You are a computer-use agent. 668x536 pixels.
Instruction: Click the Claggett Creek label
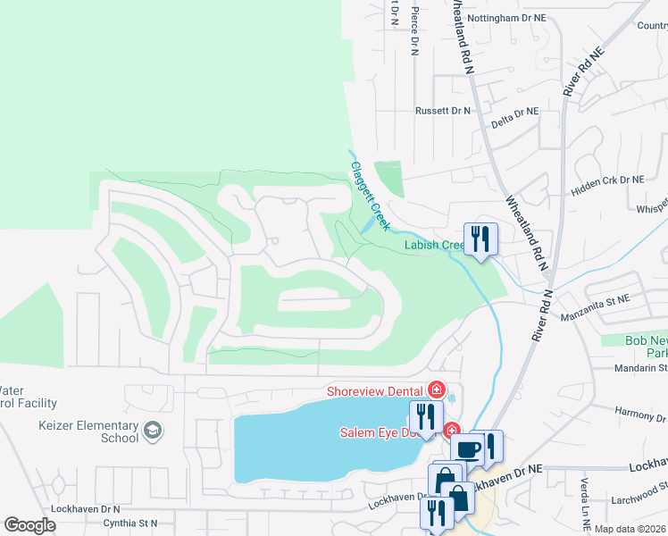[x=369, y=197]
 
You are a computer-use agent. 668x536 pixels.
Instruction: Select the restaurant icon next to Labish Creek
[x=480, y=239]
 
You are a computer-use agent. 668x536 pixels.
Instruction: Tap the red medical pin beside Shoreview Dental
[x=436, y=389]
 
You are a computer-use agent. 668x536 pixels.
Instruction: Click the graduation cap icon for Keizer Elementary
[x=153, y=431]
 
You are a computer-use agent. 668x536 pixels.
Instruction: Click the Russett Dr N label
[x=442, y=111]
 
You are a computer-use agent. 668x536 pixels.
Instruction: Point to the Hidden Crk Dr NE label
[x=608, y=180]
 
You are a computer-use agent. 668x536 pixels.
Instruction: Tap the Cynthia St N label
[x=130, y=523]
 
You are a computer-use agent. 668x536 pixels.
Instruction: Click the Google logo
[x=29, y=525]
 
